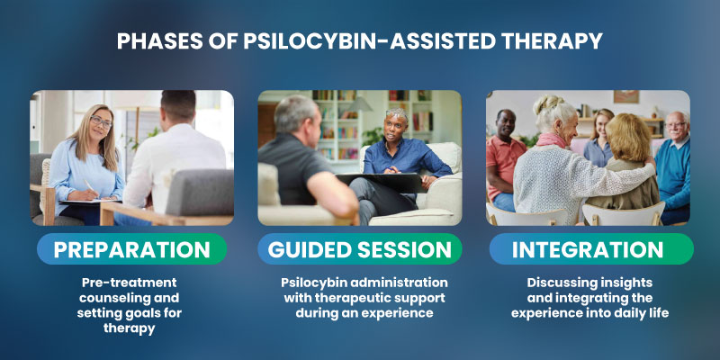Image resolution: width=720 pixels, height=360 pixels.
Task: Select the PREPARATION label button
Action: click(x=131, y=249)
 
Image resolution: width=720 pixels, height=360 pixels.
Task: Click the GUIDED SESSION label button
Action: click(x=360, y=249)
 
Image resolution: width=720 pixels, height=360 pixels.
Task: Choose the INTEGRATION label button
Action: click(x=589, y=249)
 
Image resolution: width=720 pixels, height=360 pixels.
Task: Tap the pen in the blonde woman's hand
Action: click(x=90, y=186)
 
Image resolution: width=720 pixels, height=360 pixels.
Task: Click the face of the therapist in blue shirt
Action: click(x=396, y=126)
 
